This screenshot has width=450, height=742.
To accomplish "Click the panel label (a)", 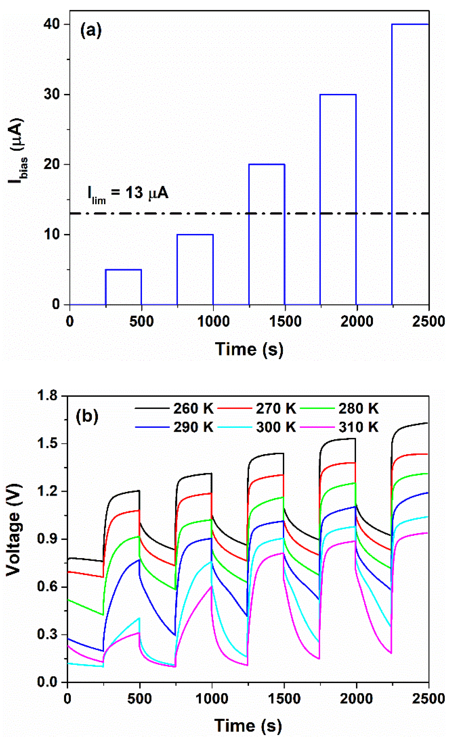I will pos(91,31).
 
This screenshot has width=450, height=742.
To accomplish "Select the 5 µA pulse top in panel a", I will pos(123,270).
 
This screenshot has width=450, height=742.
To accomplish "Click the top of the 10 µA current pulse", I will pos(195,235).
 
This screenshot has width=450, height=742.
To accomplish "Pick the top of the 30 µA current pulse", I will pos(338,95).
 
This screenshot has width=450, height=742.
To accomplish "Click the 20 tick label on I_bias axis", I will pos(52,165).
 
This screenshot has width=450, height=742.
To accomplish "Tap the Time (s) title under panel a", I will pos(249,349).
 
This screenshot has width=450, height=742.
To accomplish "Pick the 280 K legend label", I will pos(358,409).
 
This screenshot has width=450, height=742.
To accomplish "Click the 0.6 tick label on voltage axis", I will pos(48,587).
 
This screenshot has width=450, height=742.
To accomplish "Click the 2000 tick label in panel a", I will pos(357,322).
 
